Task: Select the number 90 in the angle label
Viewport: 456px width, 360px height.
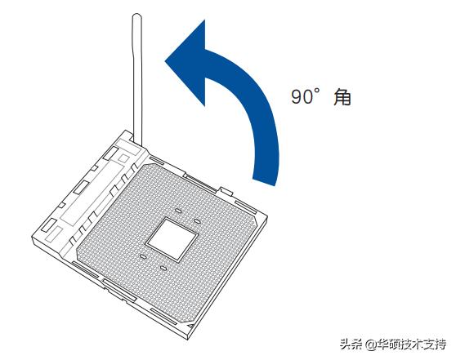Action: click(x=302, y=96)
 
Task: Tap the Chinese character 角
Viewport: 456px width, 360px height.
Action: click(x=342, y=96)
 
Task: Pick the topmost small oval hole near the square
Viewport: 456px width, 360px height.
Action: click(x=178, y=210)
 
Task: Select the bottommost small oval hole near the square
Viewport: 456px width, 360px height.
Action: click(x=163, y=267)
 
